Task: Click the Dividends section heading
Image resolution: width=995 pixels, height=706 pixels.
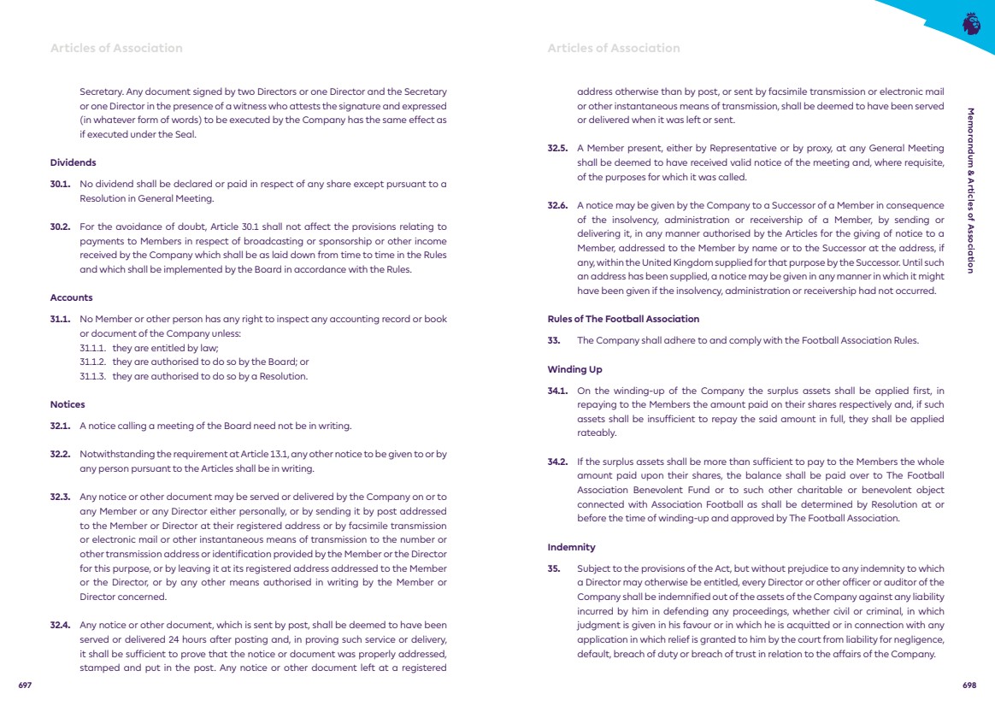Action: pos(73,162)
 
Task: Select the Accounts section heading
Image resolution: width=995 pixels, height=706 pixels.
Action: pos(71,297)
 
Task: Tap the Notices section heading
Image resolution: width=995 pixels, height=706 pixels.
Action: pos(68,404)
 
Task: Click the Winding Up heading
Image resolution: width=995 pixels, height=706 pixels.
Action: pos(574,369)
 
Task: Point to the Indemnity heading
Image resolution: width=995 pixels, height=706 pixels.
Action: pos(571,547)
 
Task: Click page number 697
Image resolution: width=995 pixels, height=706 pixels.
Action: pos(25,685)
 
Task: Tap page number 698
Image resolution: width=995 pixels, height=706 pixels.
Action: pos(969,685)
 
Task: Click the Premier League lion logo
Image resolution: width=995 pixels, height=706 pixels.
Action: pos(970,23)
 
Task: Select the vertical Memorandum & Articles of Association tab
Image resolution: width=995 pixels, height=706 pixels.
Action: pos(970,190)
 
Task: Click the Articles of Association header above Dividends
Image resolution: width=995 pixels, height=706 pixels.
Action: pos(116,48)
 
